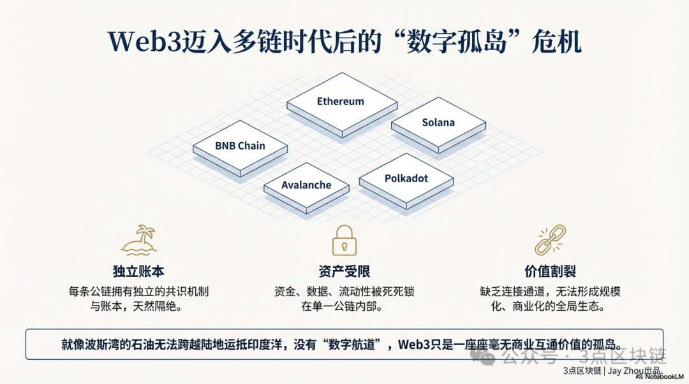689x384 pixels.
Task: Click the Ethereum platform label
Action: [x=341, y=101]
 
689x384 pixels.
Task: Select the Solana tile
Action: [x=438, y=122]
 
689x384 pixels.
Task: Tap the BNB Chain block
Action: [x=240, y=146]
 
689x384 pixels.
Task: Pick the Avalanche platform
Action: [x=307, y=185]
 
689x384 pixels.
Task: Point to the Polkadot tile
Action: [x=406, y=178]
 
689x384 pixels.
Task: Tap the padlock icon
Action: [x=344, y=239]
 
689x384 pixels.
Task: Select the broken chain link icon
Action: [x=550, y=239]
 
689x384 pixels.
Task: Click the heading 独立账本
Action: [x=138, y=271]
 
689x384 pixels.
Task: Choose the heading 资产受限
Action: [x=344, y=271]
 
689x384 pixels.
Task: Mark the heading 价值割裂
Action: [x=550, y=271]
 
